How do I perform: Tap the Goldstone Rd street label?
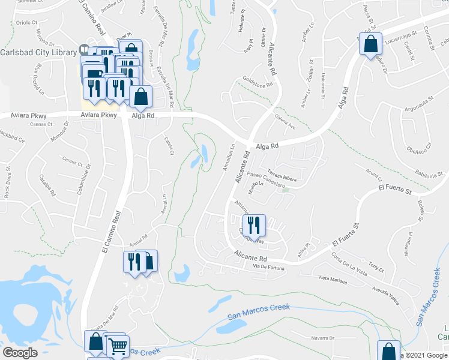coord(258,81)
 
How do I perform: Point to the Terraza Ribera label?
coord(282,173)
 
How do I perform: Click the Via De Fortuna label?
coord(268,266)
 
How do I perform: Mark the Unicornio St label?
coord(324,86)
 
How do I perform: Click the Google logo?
coord(19,352)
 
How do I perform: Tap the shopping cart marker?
coord(116,345)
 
